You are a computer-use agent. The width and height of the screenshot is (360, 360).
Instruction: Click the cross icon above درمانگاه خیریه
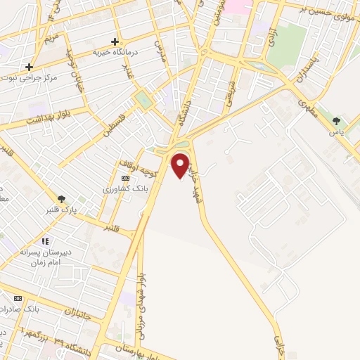115,41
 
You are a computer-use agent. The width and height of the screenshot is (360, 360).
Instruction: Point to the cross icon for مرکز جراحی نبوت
29,67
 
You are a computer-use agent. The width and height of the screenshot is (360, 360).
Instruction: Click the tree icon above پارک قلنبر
62,200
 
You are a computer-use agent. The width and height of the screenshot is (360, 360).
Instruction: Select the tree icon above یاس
336,121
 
